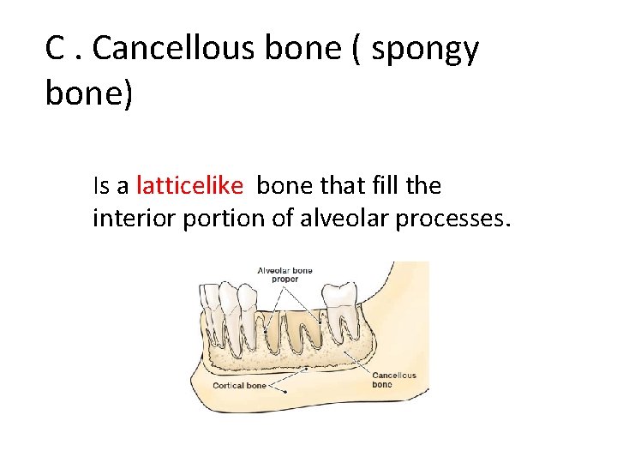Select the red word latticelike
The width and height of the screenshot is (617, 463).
[x=189, y=185]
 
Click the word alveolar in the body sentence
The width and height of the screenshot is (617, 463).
[x=341, y=219]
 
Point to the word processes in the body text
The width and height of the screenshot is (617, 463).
[x=452, y=219]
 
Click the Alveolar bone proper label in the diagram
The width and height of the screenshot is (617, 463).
[x=285, y=274]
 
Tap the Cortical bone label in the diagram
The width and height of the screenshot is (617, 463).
[x=239, y=385]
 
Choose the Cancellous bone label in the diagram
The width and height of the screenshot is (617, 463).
[x=393, y=380]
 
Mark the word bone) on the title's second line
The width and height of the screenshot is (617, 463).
[x=89, y=93]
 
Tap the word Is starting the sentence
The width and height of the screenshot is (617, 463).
[x=101, y=185]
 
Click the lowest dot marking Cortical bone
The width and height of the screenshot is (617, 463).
[x=285, y=387]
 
